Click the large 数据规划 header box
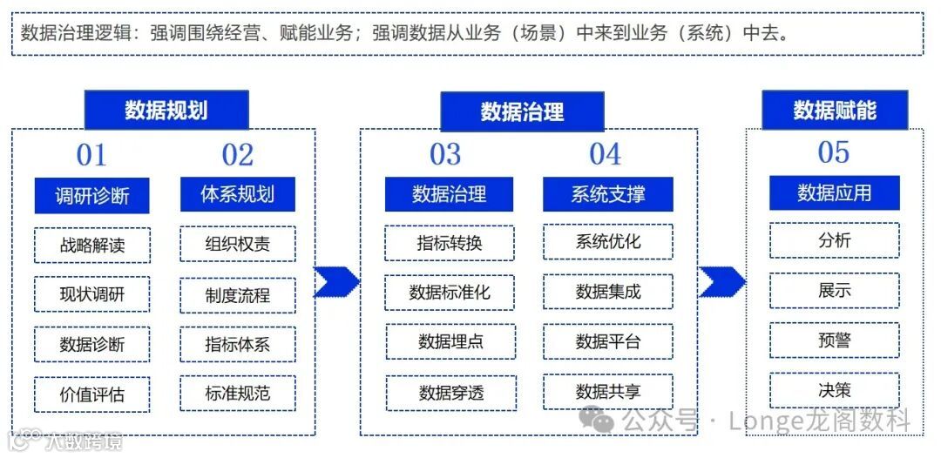click(166, 110)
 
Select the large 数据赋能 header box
click(834, 110)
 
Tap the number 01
click(91, 156)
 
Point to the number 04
click(606, 154)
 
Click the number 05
click(833, 152)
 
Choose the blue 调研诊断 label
click(91, 195)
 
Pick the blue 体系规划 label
click(237, 194)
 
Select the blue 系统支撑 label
click(607, 193)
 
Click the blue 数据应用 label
click(834, 192)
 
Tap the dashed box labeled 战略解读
click(92, 245)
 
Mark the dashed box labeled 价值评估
click(92, 394)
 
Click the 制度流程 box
click(237, 295)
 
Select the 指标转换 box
click(449, 243)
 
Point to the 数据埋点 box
click(450, 341)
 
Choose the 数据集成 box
click(607, 292)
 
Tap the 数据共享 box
click(607, 391)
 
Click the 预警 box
click(834, 340)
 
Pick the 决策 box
click(834, 389)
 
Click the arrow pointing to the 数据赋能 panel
click(722, 281)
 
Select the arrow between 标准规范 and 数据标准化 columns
click(336, 281)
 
